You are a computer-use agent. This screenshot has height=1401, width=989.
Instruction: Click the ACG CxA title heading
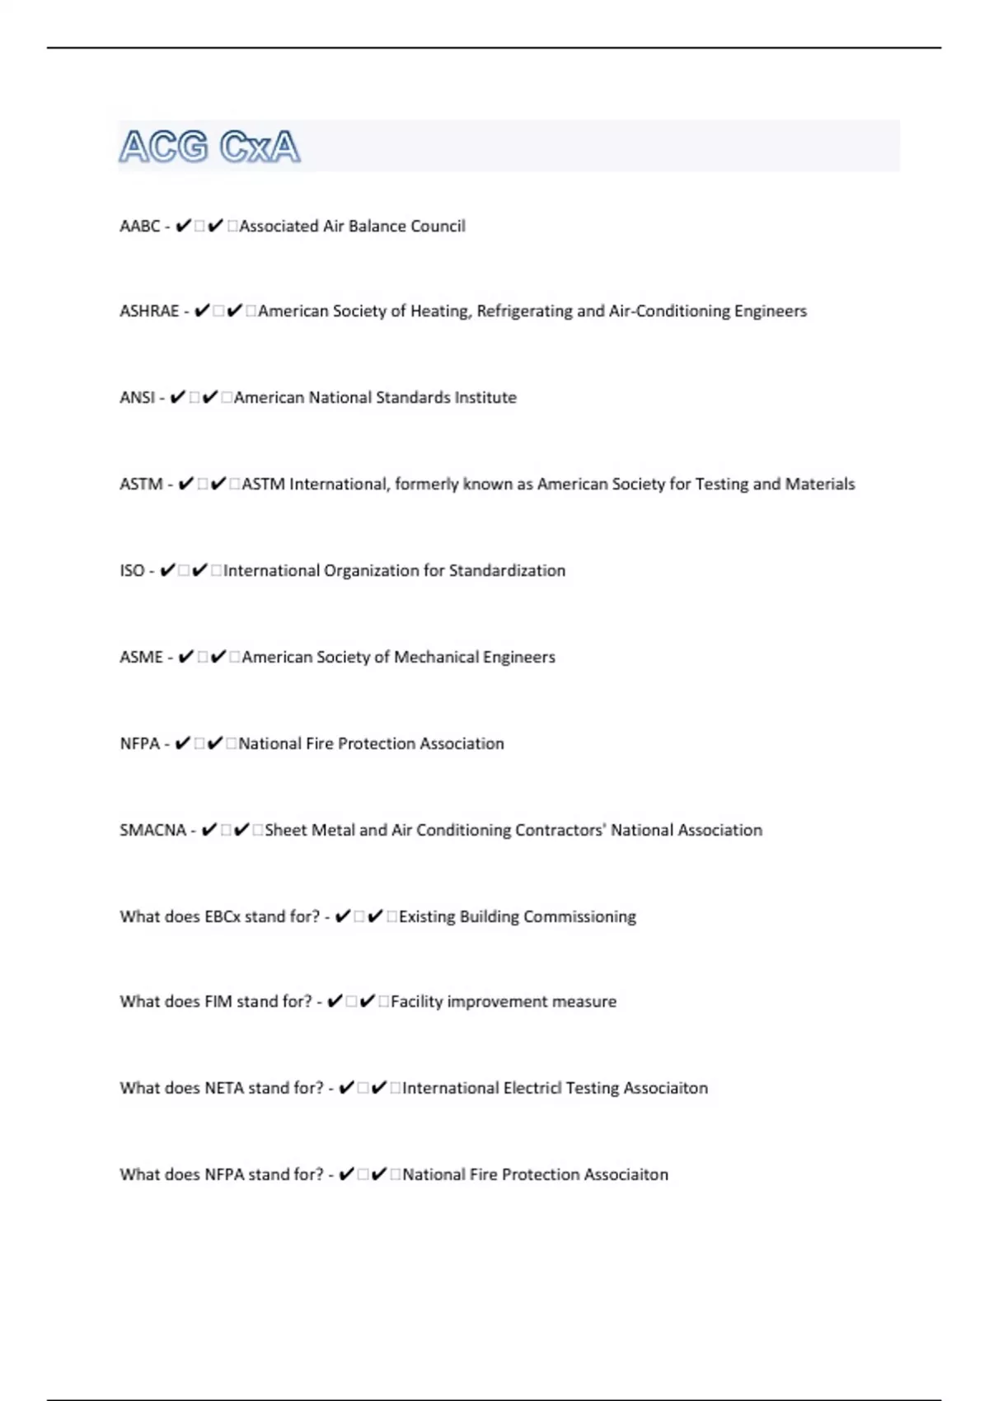(209, 148)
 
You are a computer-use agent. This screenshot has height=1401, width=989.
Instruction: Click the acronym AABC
(139, 227)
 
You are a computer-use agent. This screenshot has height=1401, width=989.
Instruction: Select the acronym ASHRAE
(149, 312)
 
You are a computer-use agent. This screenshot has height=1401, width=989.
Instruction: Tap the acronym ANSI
(137, 398)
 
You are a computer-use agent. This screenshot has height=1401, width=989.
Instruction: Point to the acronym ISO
(132, 571)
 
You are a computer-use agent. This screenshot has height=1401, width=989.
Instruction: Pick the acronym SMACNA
(153, 831)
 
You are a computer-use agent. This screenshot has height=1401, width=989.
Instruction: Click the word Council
(438, 227)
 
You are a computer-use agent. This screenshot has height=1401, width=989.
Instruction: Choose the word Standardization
(507, 571)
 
